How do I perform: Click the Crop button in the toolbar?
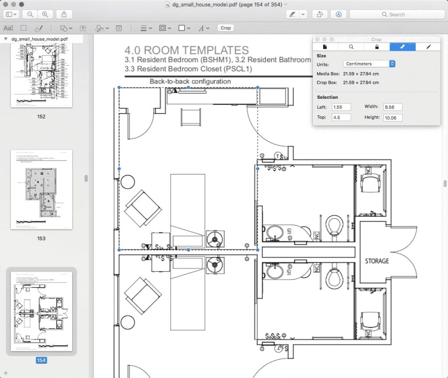coord(225,28)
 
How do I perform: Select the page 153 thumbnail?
coord(41,190)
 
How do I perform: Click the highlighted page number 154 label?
coord(41,361)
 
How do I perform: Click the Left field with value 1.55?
coord(341,107)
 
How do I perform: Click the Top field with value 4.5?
coord(341,118)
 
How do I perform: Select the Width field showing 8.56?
coord(392,107)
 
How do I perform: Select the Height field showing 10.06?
coord(392,118)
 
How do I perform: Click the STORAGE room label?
coord(377,261)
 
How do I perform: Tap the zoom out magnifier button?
coord(30,14)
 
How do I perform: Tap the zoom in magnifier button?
coord(45,14)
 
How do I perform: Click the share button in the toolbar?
coord(64,14)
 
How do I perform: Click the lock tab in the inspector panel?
coord(377,47)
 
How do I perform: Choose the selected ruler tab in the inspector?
coord(402,47)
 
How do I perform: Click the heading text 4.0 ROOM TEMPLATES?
coord(186,50)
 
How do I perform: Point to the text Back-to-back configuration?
coord(190,81)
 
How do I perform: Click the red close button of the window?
coord(6,4)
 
